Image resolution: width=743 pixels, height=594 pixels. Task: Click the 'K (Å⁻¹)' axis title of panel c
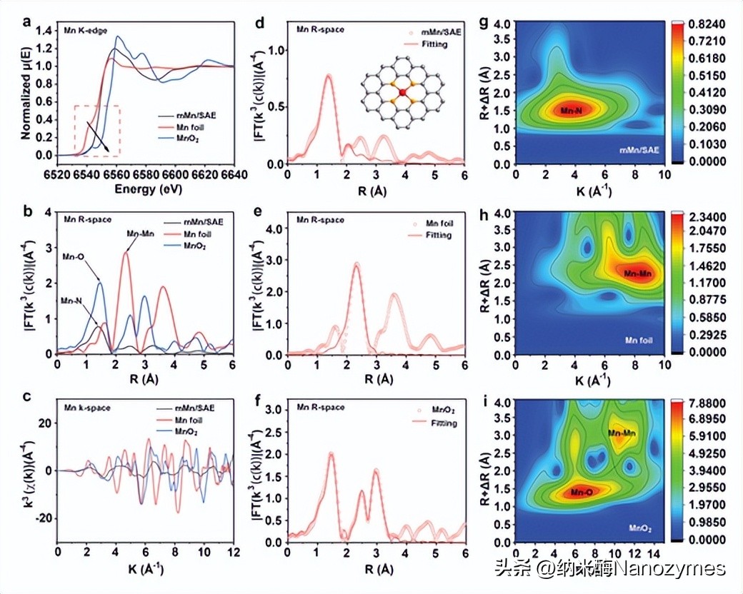click(146, 570)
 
